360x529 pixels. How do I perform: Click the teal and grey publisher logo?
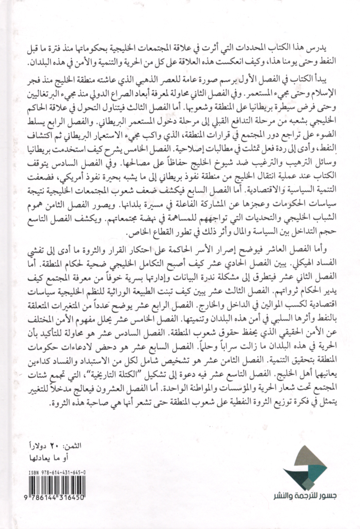pos(299,477)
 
